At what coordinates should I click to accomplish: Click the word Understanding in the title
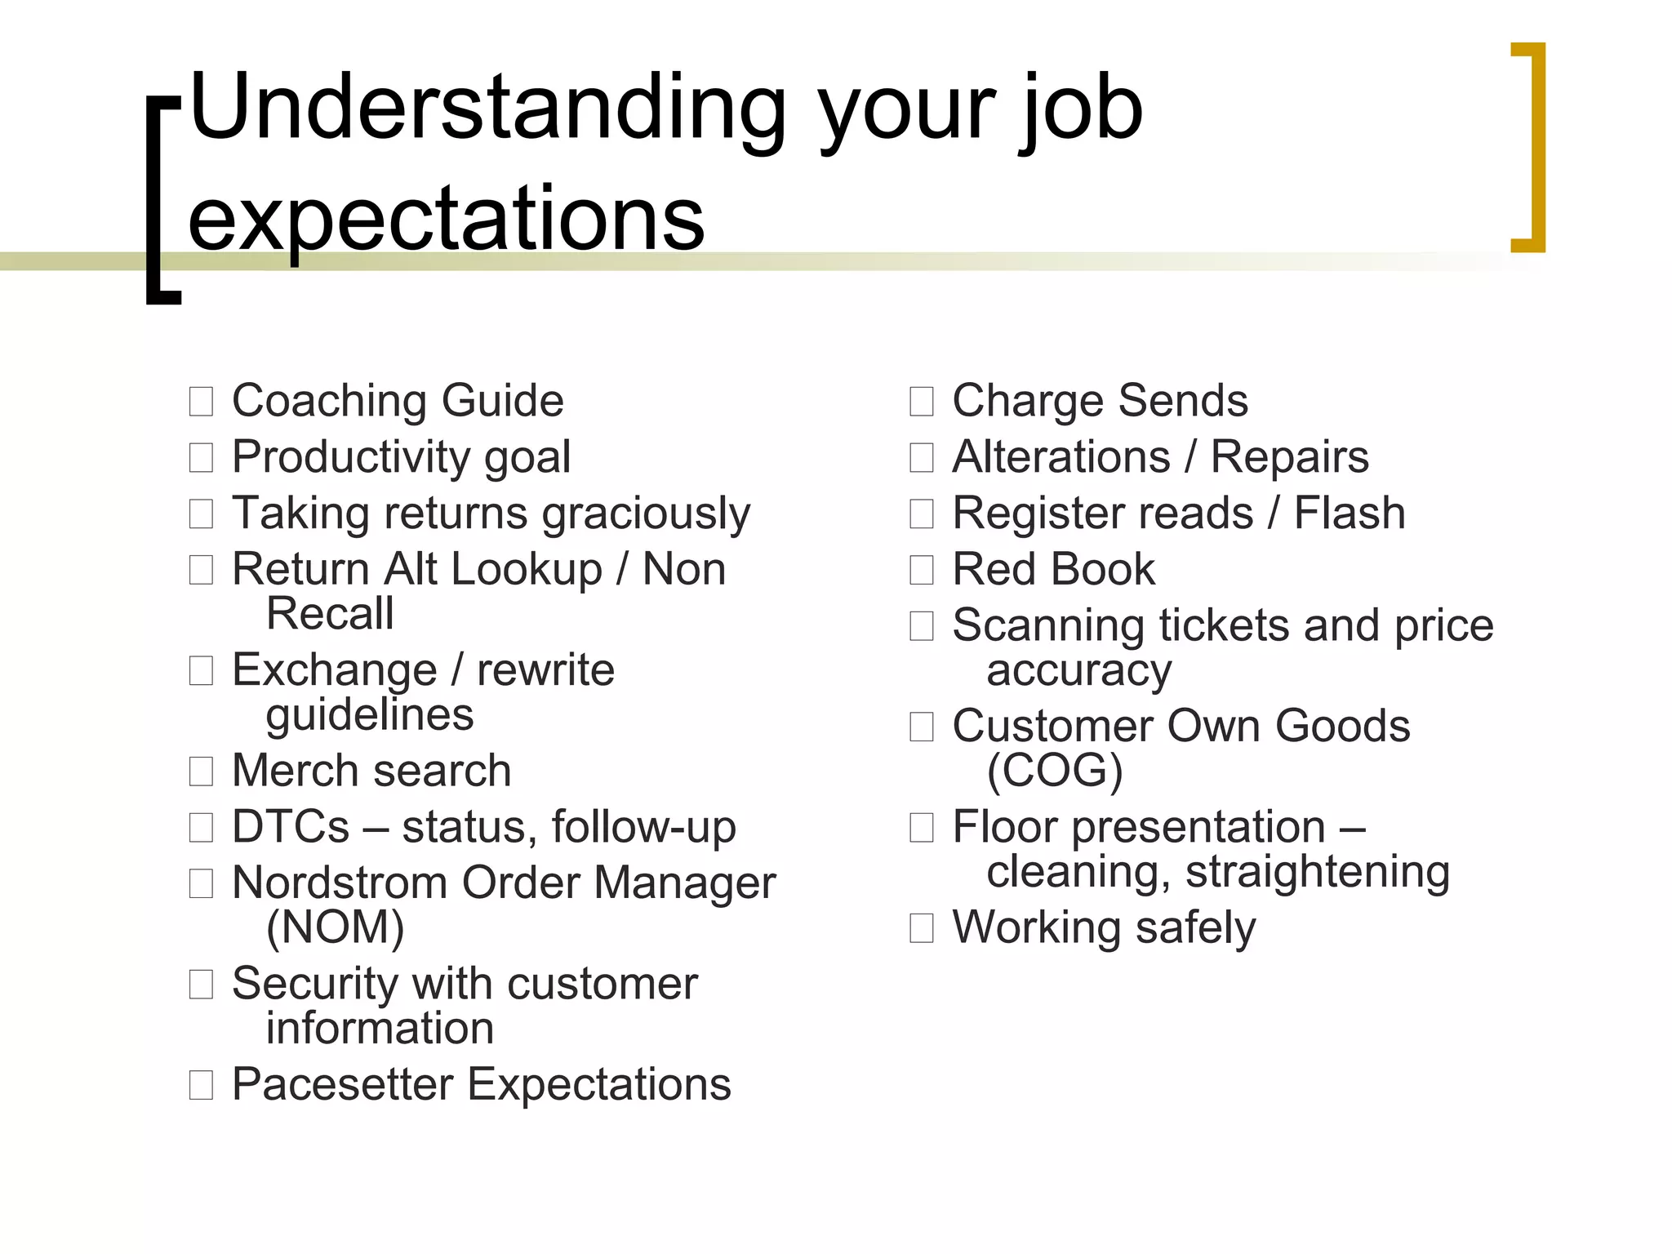(x=487, y=110)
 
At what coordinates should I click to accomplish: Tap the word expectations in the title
(x=446, y=219)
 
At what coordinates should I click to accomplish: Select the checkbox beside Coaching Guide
(x=201, y=402)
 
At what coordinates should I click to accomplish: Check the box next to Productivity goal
(x=201, y=458)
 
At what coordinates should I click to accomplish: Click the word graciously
(x=646, y=514)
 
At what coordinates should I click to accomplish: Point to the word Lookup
(x=526, y=569)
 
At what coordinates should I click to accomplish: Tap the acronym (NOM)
(x=335, y=927)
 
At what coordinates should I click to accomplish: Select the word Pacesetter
(x=342, y=1084)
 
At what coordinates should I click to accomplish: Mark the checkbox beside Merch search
(x=201, y=772)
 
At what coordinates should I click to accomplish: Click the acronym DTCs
(x=291, y=827)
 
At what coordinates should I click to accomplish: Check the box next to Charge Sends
(x=922, y=402)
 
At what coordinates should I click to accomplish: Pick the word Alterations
(x=1061, y=457)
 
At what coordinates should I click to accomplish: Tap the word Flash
(x=1350, y=514)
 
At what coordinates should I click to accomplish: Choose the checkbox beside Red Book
(x=922, y=570)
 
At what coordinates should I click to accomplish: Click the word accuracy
(x=1078, y=671)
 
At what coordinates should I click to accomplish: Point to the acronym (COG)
(x=1054, y=771)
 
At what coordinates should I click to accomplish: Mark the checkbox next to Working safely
(x=922, y=928)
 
